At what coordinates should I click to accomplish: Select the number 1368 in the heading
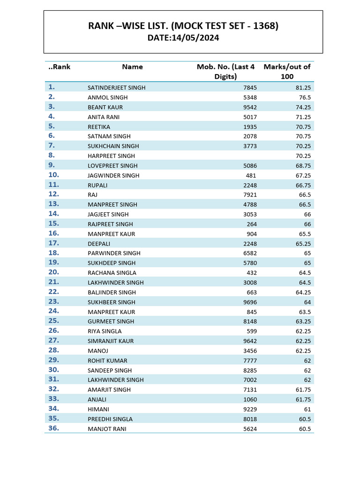tap(265, 26)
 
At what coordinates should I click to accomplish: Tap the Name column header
tap(132, 67)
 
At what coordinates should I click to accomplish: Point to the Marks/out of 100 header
tap(287, 71)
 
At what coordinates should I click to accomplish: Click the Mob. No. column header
tap(225, 71)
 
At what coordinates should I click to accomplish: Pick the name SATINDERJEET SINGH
tap(116, 88)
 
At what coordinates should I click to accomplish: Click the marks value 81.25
tap(303, 88)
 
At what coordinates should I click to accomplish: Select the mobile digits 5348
tap(250, 97)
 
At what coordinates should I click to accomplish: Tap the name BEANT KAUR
tap(105, 107)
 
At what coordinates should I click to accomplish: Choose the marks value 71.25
tap(303, 117)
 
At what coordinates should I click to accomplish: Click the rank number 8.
tap(52, 155)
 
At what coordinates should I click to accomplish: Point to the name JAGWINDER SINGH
tap(113, 175)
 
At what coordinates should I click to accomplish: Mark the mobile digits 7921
tap(250, 195)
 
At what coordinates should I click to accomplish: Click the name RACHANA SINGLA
tap(112, 273)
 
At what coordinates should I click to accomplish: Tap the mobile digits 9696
tap(250, 302)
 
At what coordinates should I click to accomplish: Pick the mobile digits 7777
tap(250, 360)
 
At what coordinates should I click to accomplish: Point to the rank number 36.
tap(53, 428)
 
